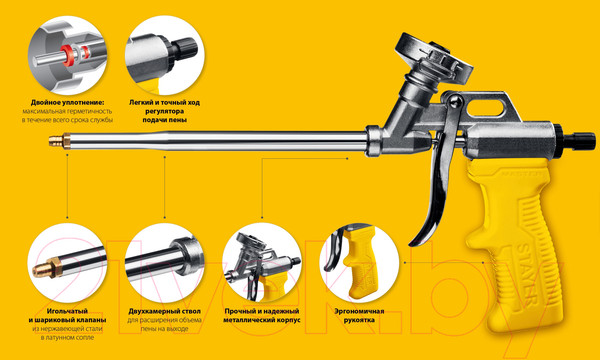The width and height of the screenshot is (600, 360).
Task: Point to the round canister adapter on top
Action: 435,57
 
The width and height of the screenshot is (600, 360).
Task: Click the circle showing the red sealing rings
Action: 67,55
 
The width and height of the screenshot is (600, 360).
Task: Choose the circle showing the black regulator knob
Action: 165,55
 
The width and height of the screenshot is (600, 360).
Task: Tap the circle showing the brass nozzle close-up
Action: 67,263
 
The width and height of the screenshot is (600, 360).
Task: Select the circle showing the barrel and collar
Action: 165,263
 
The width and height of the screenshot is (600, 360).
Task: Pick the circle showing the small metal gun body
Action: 262,263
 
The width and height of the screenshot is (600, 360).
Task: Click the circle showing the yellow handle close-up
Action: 359,263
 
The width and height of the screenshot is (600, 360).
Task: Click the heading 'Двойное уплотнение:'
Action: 68,103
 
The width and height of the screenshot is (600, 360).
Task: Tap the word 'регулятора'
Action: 165,111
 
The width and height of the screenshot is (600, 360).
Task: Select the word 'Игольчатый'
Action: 67,311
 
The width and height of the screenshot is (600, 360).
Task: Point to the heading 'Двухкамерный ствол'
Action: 165,311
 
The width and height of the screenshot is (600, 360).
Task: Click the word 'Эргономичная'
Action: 359,311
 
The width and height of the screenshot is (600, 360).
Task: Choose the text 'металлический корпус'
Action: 262,320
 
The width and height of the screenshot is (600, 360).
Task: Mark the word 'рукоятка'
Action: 359,320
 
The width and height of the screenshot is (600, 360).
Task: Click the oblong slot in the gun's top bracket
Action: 484,108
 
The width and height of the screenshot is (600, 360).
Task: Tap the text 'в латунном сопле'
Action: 67,338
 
